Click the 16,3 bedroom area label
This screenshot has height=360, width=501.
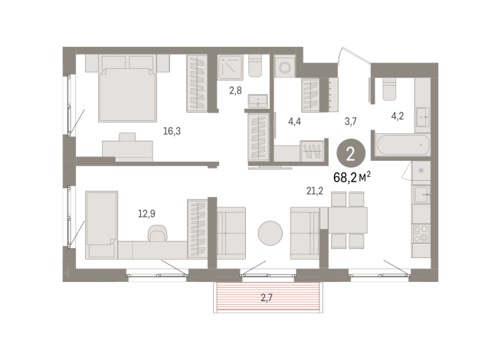[172, 131]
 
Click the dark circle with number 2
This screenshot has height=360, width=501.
[351, 152]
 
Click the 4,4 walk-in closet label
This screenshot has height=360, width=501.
[295, 120]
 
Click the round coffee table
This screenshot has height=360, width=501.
[270, 233]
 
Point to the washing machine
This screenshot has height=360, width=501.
[286, 67]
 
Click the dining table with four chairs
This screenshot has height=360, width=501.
[347, 221]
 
